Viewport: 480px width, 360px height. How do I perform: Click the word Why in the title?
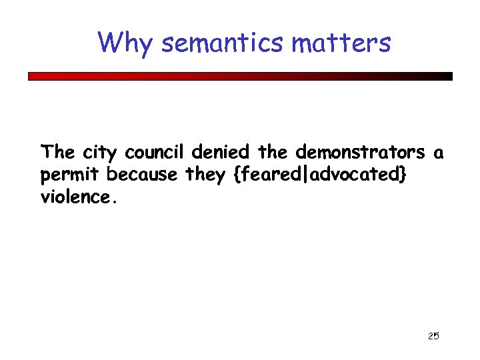point(126,43)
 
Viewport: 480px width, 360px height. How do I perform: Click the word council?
point(156,152)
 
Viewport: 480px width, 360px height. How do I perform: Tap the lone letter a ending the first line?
point(438,153)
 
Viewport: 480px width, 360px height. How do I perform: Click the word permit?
point(71,175)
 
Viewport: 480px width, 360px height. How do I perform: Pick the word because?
point(142,175)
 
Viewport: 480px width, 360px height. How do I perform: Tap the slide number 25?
point(433,336)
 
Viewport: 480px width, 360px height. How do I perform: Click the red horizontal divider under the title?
point(240,77)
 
